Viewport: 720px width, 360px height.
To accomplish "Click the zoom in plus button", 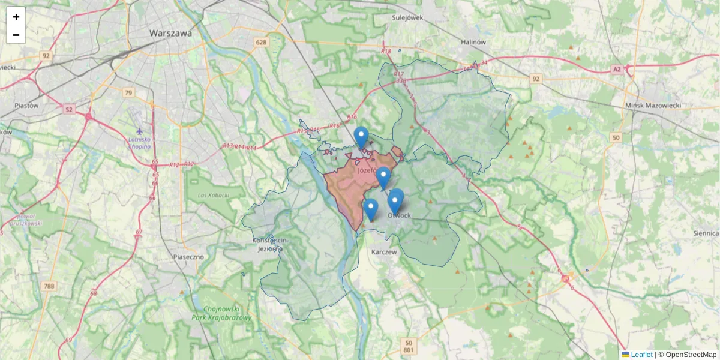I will (16, 17).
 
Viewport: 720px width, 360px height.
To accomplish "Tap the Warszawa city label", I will (171, 34).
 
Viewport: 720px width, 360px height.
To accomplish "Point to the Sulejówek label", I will (407, 17).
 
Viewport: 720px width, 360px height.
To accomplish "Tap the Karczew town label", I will (384, 253).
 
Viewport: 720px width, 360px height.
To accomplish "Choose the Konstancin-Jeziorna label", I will (270, 244).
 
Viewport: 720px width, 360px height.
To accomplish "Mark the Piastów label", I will (26, 105).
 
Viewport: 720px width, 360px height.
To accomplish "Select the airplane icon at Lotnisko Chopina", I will (140, 131).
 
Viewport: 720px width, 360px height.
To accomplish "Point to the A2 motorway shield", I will (617, 70).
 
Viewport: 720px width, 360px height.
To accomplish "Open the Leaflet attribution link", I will (641, 355).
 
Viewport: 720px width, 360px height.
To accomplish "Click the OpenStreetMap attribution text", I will (691, 355).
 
